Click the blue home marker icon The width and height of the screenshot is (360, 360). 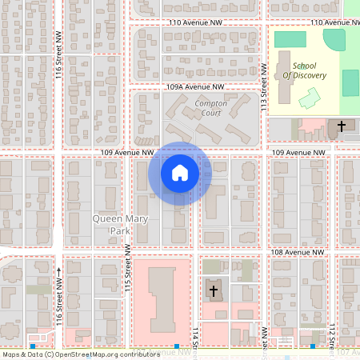179,173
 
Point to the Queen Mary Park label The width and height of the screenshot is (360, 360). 122,224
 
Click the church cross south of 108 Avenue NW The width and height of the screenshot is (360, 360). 214,290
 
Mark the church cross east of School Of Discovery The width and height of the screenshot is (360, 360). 342,126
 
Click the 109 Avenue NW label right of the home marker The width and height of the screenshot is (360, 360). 300,151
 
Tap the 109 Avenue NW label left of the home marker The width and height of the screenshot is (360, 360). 126,151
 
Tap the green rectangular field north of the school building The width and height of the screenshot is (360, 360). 290,38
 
